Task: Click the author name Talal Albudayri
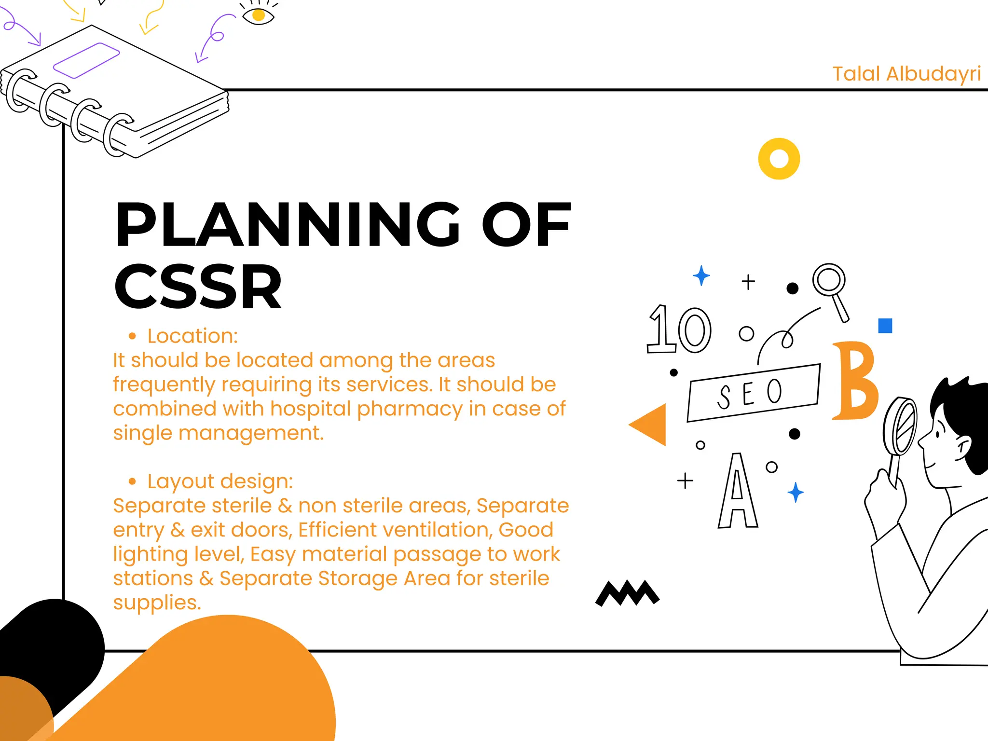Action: tap(906, 74)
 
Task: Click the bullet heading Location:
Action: tap(192, 336)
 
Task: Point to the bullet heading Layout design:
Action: tap(220, 481)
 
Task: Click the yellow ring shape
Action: tap(779, 159)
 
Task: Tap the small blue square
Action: tap(885, 326)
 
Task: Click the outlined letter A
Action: tap(737, 492)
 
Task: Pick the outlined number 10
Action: tap(679, 329)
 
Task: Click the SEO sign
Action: tap(753, 393)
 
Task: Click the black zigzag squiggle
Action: tap(627, 593)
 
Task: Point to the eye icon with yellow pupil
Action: tap(258, 15)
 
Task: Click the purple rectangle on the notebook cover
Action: tap(86, 60)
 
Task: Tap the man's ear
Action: tap(963, 448)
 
